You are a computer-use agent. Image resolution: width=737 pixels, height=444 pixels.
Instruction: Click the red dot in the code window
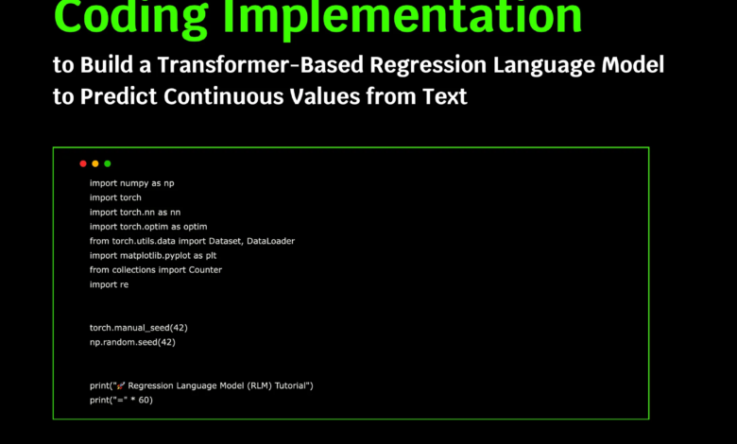[x=83, y=163]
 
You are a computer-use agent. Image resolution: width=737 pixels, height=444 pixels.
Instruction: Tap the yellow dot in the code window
[x=95, y=163]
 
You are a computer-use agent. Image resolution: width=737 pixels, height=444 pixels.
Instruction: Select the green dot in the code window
[x=108, y=163]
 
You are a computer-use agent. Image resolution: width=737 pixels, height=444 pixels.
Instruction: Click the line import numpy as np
[x=131, y=182]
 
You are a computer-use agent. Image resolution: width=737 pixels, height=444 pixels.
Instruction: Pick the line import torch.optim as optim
[x=147, y=227]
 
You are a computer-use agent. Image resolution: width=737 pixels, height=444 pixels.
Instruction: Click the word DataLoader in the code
[x=270, y=241]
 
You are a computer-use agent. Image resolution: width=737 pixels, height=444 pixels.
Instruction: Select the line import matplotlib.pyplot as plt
[x=153, y=255]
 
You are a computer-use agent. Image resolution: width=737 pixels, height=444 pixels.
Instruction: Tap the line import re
[x=109, y=284]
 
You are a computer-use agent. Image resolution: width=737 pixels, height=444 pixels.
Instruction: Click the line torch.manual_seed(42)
[x=138, y=327]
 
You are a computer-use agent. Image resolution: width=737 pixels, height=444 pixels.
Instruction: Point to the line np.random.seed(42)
[x=132, y=342]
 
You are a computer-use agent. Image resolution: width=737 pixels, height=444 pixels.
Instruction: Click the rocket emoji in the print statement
[x=120, y=385]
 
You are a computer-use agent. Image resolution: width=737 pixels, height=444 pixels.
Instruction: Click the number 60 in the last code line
[x=144, y=400]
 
